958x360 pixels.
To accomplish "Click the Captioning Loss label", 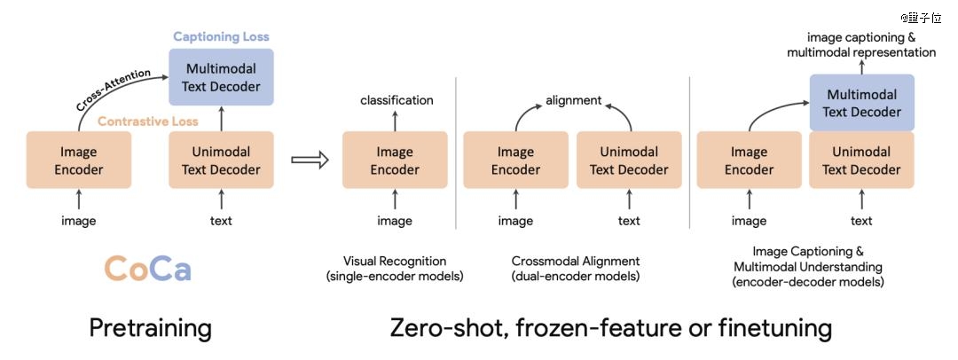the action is (x=221, y=36).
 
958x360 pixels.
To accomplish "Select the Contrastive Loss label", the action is (x=148, y=121).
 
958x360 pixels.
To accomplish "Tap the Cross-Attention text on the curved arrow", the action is (x=113, y=90).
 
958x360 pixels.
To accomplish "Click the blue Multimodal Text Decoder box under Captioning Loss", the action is (x=221, y=77).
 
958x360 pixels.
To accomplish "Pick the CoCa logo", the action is (x=147, y=269).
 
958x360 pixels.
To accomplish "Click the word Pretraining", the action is (x=150, y=328).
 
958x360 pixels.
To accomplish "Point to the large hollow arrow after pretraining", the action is (x=310, y=160).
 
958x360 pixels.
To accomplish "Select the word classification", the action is (x=397, y=100).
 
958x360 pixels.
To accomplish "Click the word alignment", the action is (x=574, y=100).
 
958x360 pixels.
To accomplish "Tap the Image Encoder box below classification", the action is (x=395, y=160).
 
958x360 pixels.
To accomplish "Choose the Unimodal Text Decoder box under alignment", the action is (x=629, y=160).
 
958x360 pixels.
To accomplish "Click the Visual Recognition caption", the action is (x=395, y=269).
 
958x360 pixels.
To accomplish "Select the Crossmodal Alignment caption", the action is (x=576, y=269).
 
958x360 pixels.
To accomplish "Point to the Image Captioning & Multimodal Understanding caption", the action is (x=808, y=267).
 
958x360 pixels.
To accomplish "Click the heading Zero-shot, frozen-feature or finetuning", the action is (x=610, y=328).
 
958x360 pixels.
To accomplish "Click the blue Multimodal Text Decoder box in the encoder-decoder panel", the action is (x=862, y=103).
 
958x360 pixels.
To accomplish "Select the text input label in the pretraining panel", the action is (x=221, y=221).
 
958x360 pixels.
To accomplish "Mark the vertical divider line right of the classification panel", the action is (x=456, y=153).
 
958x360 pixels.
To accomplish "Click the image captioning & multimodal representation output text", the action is (x=861, y=44).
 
